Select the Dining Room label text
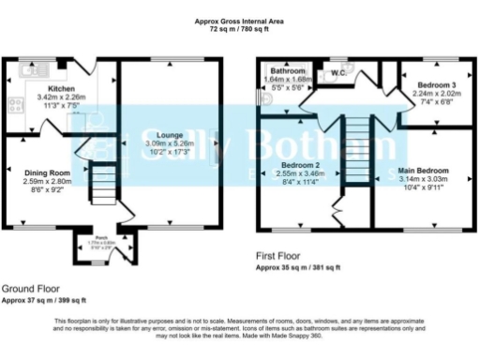coord(47,172)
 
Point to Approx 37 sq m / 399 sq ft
coord(45,300)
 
